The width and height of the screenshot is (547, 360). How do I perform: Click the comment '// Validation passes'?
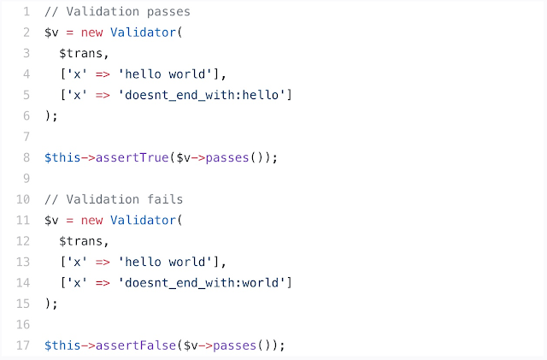pos(117,13)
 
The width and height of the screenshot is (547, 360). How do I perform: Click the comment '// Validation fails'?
pos(114,199)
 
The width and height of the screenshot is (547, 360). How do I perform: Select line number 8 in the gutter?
pos(26,158)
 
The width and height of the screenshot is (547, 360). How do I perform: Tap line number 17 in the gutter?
pos(23,345)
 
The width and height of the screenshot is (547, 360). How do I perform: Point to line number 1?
pos(26,13)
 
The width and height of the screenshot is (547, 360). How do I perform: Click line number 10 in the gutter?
pos(23,199)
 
